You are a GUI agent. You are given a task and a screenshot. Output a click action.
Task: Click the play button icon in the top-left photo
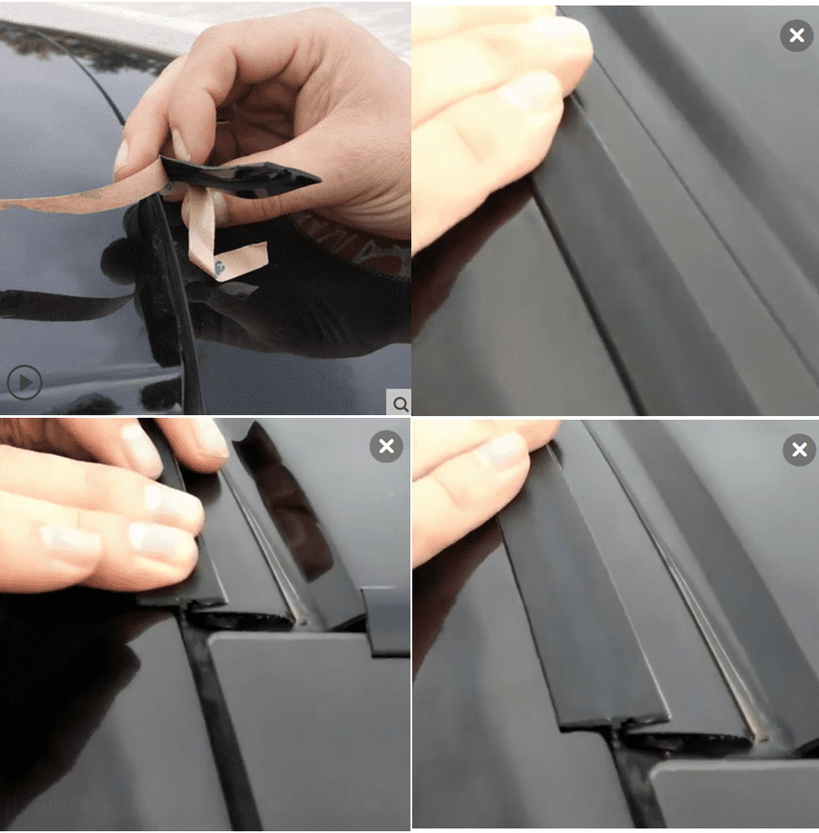[x=25, y=382]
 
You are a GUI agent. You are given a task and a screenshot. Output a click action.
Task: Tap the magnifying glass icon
[x=400, y=403]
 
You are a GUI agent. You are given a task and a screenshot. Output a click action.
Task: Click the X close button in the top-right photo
[x=797, y=35]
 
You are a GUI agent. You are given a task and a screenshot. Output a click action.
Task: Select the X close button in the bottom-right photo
[x=799, y=450]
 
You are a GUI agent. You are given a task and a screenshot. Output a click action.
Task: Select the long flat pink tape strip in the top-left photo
[x=68, y=200]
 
